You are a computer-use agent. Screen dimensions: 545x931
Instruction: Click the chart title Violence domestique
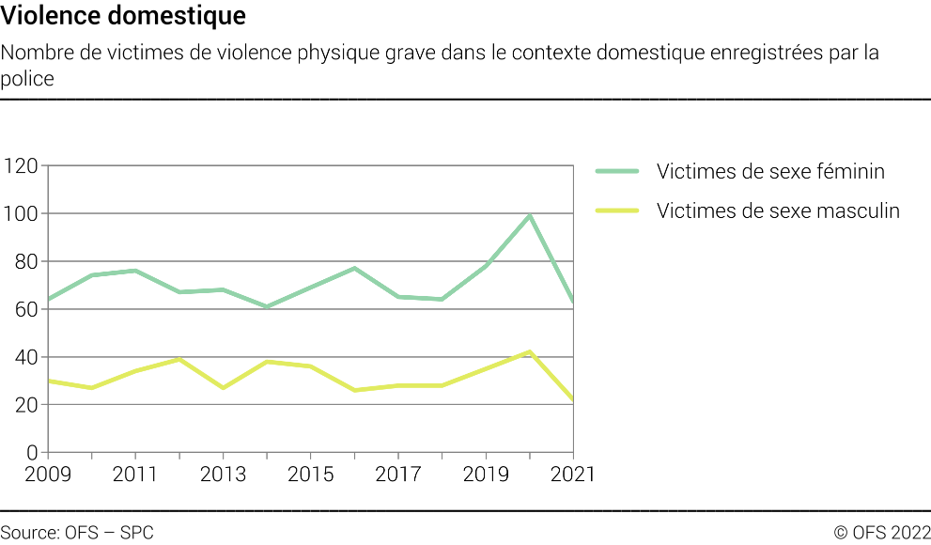[123, 16]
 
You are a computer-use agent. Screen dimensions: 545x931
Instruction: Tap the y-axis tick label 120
[20, 166]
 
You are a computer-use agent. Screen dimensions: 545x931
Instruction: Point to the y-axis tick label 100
[20, 214]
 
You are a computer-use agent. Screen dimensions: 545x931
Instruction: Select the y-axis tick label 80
[25, 262]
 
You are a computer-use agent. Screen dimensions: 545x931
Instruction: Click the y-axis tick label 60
[25, 310]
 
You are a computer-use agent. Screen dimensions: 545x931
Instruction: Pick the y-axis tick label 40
[25, 358]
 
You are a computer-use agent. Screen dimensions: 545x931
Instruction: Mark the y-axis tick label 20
[25, 405]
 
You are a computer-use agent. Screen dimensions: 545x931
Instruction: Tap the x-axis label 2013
[224, 475]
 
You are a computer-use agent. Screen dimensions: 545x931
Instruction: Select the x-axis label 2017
[398, 475]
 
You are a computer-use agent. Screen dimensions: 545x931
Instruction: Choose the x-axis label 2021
[572, 475]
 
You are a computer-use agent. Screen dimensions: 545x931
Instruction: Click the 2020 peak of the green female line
[530, 216]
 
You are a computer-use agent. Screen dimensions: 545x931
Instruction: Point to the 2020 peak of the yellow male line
[530, 351]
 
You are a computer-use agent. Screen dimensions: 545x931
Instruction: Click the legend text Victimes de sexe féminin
[770, 172]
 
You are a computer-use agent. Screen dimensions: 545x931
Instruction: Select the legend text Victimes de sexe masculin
[778, 210]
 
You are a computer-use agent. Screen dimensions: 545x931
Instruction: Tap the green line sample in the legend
[617, 172]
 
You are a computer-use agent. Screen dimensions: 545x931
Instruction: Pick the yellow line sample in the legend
[617, 210]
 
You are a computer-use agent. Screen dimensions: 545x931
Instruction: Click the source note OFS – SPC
[77, 533]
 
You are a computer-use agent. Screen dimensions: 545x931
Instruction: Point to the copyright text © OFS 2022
[881, 533]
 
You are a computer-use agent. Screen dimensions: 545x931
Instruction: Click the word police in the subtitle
[27, 79]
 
